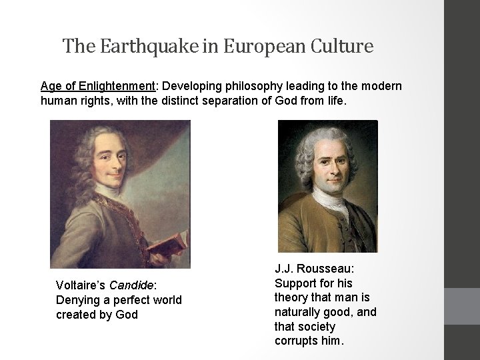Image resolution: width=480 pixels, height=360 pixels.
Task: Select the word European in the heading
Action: coord(255,47)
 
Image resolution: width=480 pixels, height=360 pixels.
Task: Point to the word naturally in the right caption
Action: coord(299,312)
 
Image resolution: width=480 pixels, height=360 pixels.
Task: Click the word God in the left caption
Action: coord(127,315)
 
